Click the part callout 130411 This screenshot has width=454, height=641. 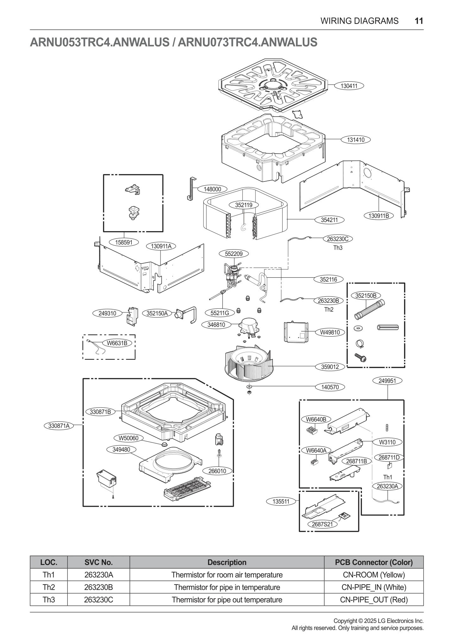pyautogui.click(x=349, y=86)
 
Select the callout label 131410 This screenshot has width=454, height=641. pyautogui.click(x=356, y=140)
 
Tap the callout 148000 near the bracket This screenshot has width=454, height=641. pyautogui.click(x=212, y=189)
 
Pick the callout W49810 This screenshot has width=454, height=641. pyautogui.click(x=330, y=332)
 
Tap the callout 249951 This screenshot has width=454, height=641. pyautogui.click(x=387, y=381)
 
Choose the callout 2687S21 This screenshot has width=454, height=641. pyautogui.click(x=322, y=524)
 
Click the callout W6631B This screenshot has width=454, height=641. pyautogui.click(x=117, y=343)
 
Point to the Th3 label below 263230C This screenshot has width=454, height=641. pyautogui.click(x=338, y=248)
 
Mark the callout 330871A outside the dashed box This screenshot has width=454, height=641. pyautogui.click(x=59, y=426)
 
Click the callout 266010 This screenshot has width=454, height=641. pyautogui.click(x=217, y=471)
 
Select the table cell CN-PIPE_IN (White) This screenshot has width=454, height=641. pyautogui.click(x=374, y=587)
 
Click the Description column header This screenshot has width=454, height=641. pyautogui.click(x=227, y=562)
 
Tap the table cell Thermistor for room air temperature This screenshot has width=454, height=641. pyautogui.click(x=227, y=575)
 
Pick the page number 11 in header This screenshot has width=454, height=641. pyautogui.click(x=419, y=21)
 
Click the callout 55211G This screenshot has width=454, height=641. pyautogui.click(x=220, y=313)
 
